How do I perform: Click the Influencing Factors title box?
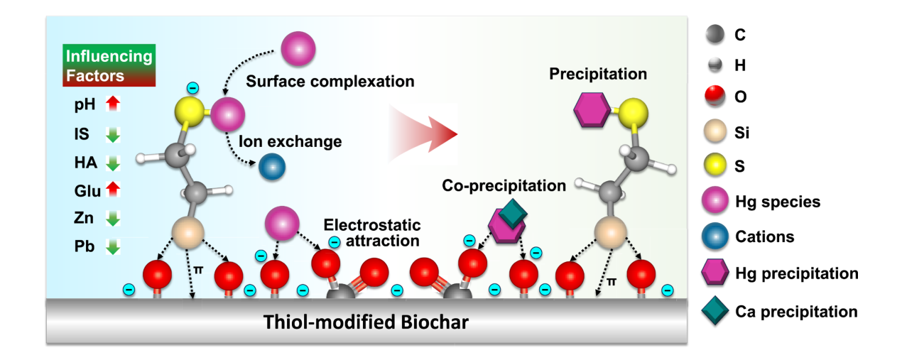click(x=108, y=65)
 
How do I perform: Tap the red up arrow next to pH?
click(x=113, y=105)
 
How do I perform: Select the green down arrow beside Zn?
click(x=113, y=219)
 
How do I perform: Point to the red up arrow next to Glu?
click(x=113, y=191)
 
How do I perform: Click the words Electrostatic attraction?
click(x=372, y=233)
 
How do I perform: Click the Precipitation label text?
click(x=598, y=74)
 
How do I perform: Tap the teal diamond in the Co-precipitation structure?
click(x=513, y=214)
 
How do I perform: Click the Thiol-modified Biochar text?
click(x=366, y=322)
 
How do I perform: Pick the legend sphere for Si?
click(x=717, y=133)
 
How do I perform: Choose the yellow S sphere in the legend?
click(x=717, y=167)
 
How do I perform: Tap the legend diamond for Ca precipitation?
click(x=717, y=311)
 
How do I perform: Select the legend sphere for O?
click(x=717, y=97)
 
